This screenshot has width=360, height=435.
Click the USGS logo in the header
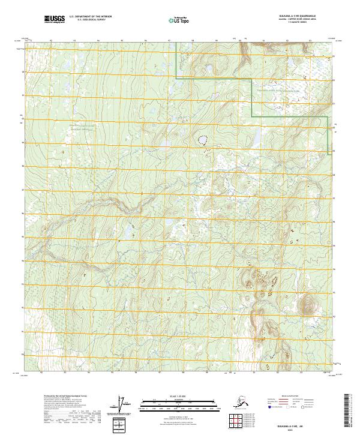point(53,20)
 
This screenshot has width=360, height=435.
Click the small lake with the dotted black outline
point(203,140)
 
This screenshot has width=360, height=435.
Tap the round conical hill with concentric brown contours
point(307,304)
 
